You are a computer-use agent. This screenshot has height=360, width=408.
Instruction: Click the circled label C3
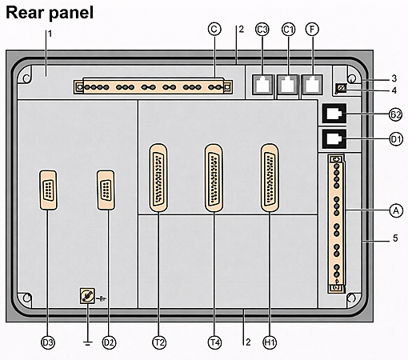(262, 30)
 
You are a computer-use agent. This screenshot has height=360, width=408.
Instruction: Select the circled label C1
(288, 30)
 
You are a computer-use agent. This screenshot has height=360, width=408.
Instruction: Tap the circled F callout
(313, 30)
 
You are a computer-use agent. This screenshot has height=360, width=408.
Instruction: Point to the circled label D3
(48, 342)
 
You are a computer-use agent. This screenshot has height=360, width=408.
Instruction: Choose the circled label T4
(214, 342)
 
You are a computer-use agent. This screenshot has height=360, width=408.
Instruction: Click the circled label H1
(270, 342)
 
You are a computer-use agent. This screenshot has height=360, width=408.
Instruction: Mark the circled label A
(395, 210)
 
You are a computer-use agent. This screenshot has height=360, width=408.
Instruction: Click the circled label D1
(395, 139)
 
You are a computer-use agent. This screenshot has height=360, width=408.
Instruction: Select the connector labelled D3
(48, 192)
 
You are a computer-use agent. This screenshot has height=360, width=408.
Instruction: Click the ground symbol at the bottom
(85, 342)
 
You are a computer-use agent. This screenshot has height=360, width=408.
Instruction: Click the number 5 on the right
(395, 238)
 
